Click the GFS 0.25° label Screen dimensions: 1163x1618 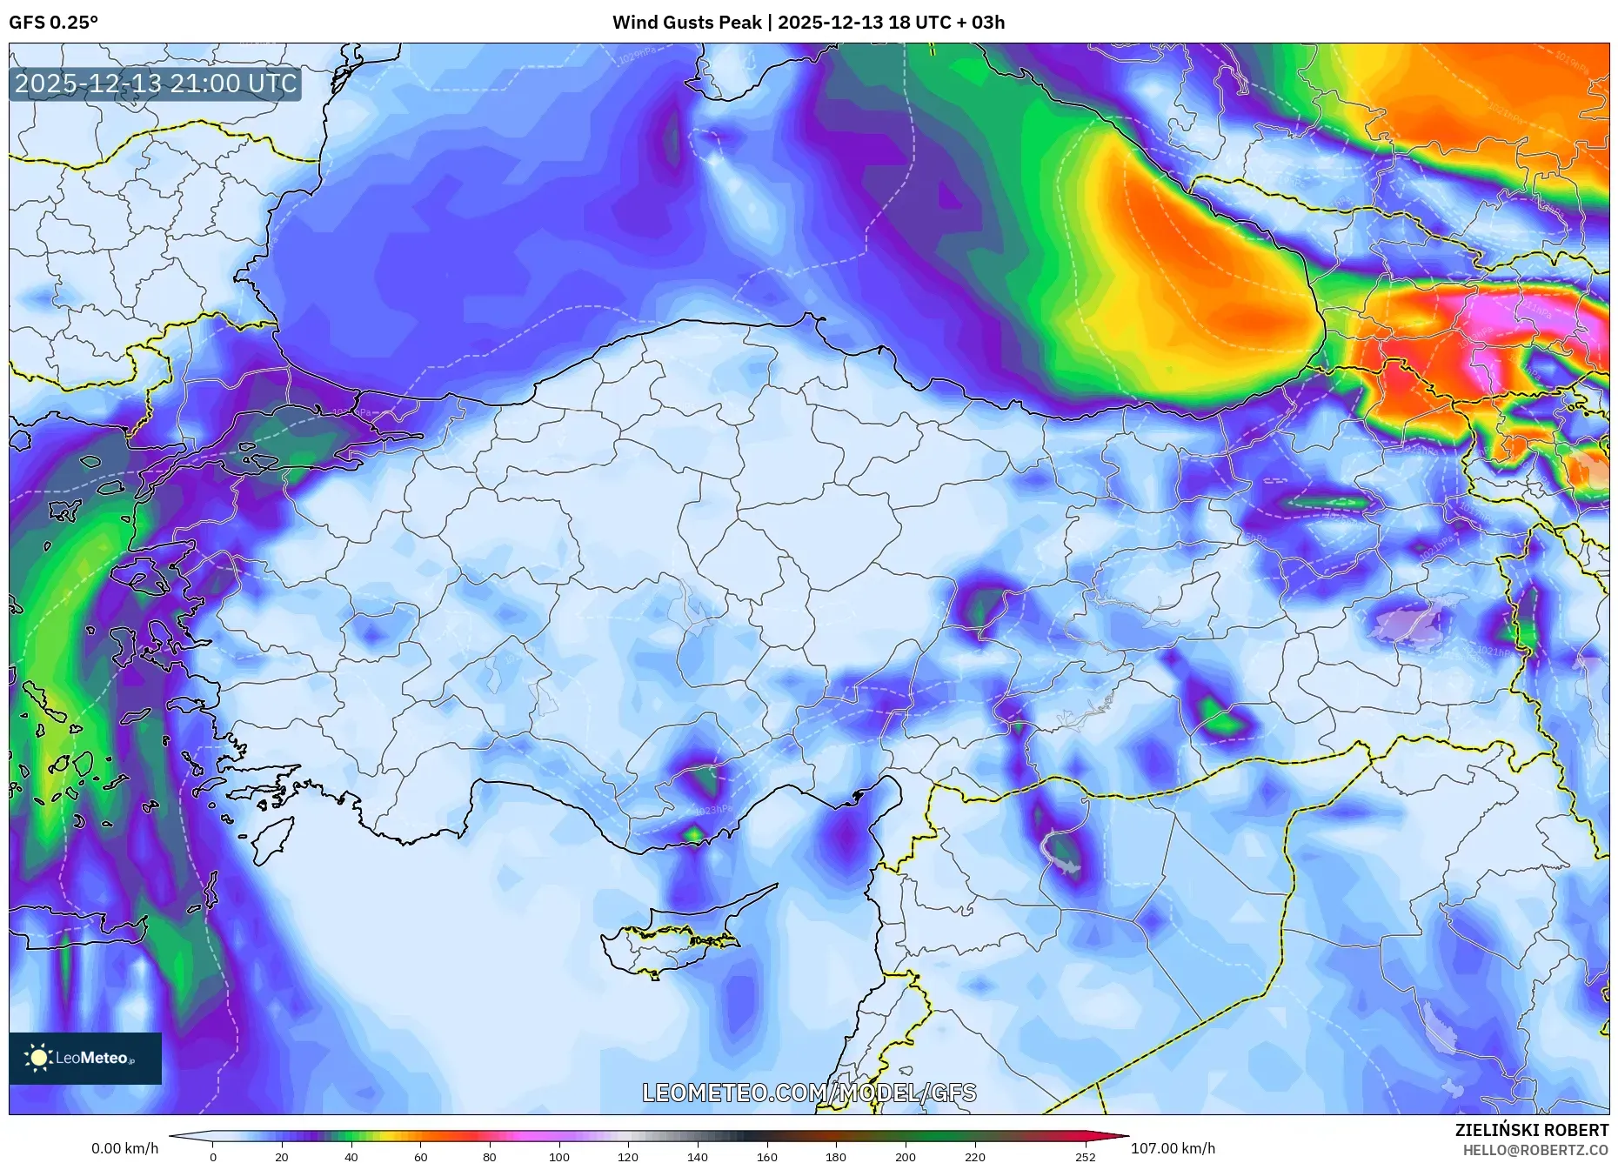click(53, 23)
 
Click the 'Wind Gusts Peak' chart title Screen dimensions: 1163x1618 click(808, 23)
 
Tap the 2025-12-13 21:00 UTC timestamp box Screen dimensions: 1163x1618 click(156, 84)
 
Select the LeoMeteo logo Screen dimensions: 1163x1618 click(85, 1058)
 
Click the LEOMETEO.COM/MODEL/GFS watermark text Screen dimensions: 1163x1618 click(809, 1093)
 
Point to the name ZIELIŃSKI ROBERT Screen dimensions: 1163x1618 click(1531, 1130)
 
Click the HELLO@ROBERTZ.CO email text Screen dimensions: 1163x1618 click(1534, 1150)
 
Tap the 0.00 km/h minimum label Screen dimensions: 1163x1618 click(125, 1148)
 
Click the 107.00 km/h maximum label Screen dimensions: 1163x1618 click(1173, 1148)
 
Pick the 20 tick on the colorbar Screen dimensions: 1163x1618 click(281, 1157)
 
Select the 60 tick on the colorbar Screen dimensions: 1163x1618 click(420, 1157)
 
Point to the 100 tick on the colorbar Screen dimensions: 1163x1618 click(559, 1157)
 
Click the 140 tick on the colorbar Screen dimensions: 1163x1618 click(697, 1157)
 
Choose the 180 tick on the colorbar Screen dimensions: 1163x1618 click(835, 1157)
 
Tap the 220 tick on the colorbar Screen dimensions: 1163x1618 click(974, 1157)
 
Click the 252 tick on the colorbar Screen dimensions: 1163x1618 click(1085, 1157)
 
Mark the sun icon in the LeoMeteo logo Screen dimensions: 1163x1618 click(38, 1058)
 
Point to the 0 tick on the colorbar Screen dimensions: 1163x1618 click(213, 1157)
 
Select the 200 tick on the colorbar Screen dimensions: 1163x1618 click(905, 1157)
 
